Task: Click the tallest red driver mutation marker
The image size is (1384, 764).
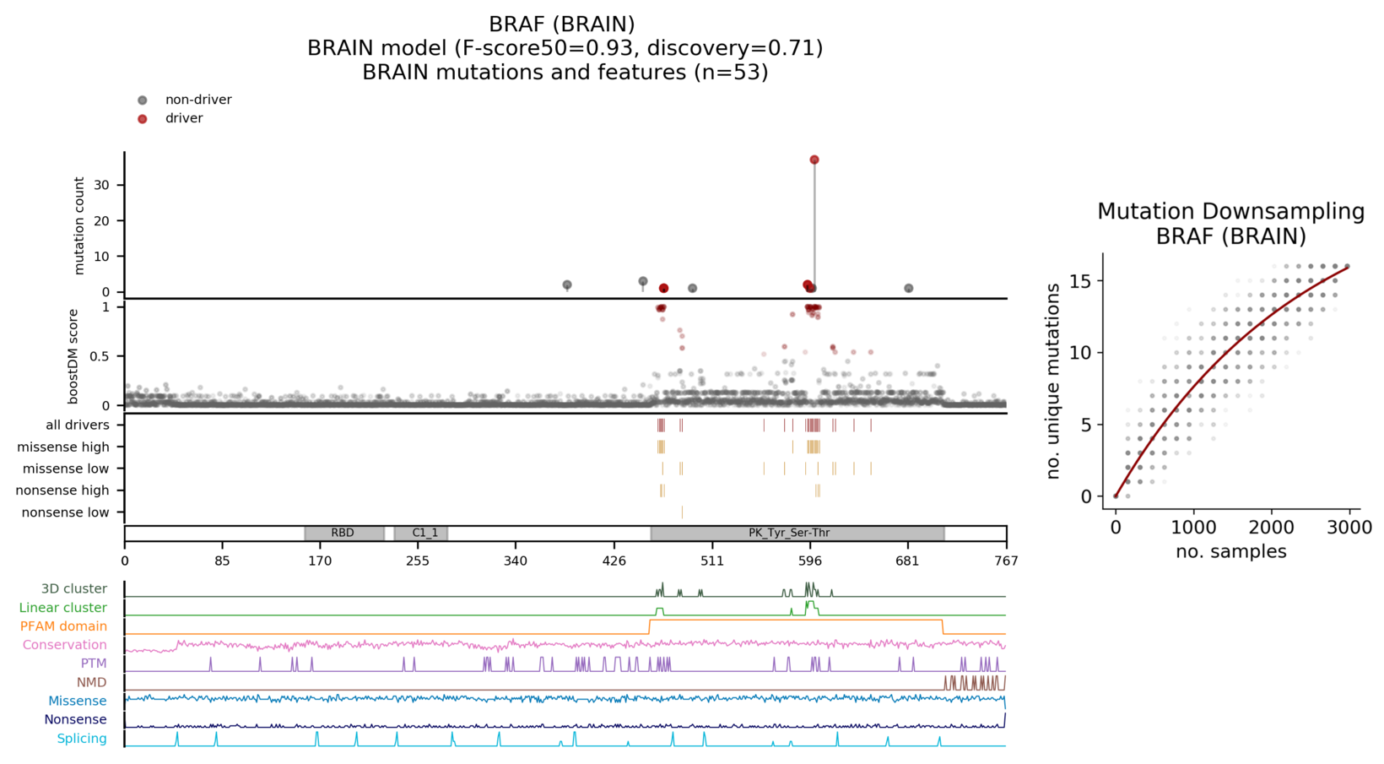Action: coord(814,160)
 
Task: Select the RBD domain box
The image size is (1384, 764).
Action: coord(343,534)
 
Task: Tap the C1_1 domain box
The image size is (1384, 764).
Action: coord(424,534)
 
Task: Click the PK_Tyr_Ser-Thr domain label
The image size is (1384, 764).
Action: coord(789,534)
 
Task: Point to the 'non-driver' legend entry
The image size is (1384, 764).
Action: coord(198,100)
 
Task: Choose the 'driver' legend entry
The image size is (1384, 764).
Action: coord(184,118)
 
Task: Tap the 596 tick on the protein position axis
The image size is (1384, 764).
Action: coord(809,560)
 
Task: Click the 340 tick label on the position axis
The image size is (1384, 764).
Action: coord(516,560)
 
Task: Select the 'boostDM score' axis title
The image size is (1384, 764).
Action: coord(73,356)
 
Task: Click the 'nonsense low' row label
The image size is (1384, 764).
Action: coord(65,512)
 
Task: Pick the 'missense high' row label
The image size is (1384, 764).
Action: coord(63,447)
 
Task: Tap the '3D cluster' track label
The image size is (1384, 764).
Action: coord(74,589)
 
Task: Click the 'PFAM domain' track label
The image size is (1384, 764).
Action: coord(63,626)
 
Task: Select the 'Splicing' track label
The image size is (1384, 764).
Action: coord(82,739)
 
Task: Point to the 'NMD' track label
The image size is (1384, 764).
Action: coord(92,682)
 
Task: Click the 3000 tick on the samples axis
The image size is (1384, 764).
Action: coord(1348,528)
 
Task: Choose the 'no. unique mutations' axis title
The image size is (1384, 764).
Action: coord(1053,382)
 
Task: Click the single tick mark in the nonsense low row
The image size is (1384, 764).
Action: coord(682,512)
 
